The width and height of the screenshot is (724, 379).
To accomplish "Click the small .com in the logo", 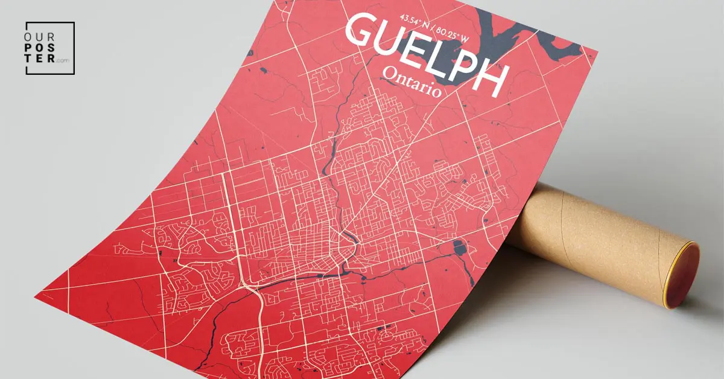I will click(63, 60).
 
